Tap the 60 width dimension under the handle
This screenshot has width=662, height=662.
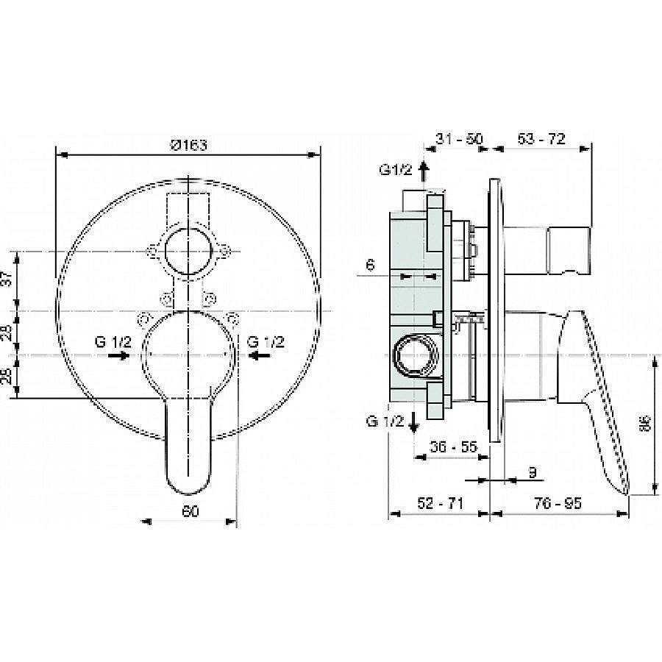point(190,512)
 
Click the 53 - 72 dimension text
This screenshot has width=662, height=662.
point(541,138)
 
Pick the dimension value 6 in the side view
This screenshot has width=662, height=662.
point(371,266)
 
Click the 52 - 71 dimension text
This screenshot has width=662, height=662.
point(438,503)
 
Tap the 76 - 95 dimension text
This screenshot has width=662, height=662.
point(558,503)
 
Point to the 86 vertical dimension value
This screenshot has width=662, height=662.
point(645,424)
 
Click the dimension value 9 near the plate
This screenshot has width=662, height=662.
point(532,471)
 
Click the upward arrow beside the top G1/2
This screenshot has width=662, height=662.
point(423,171)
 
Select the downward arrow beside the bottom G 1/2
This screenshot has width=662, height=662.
point(415,421)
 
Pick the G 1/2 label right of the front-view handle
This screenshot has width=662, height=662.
point(266,341)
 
